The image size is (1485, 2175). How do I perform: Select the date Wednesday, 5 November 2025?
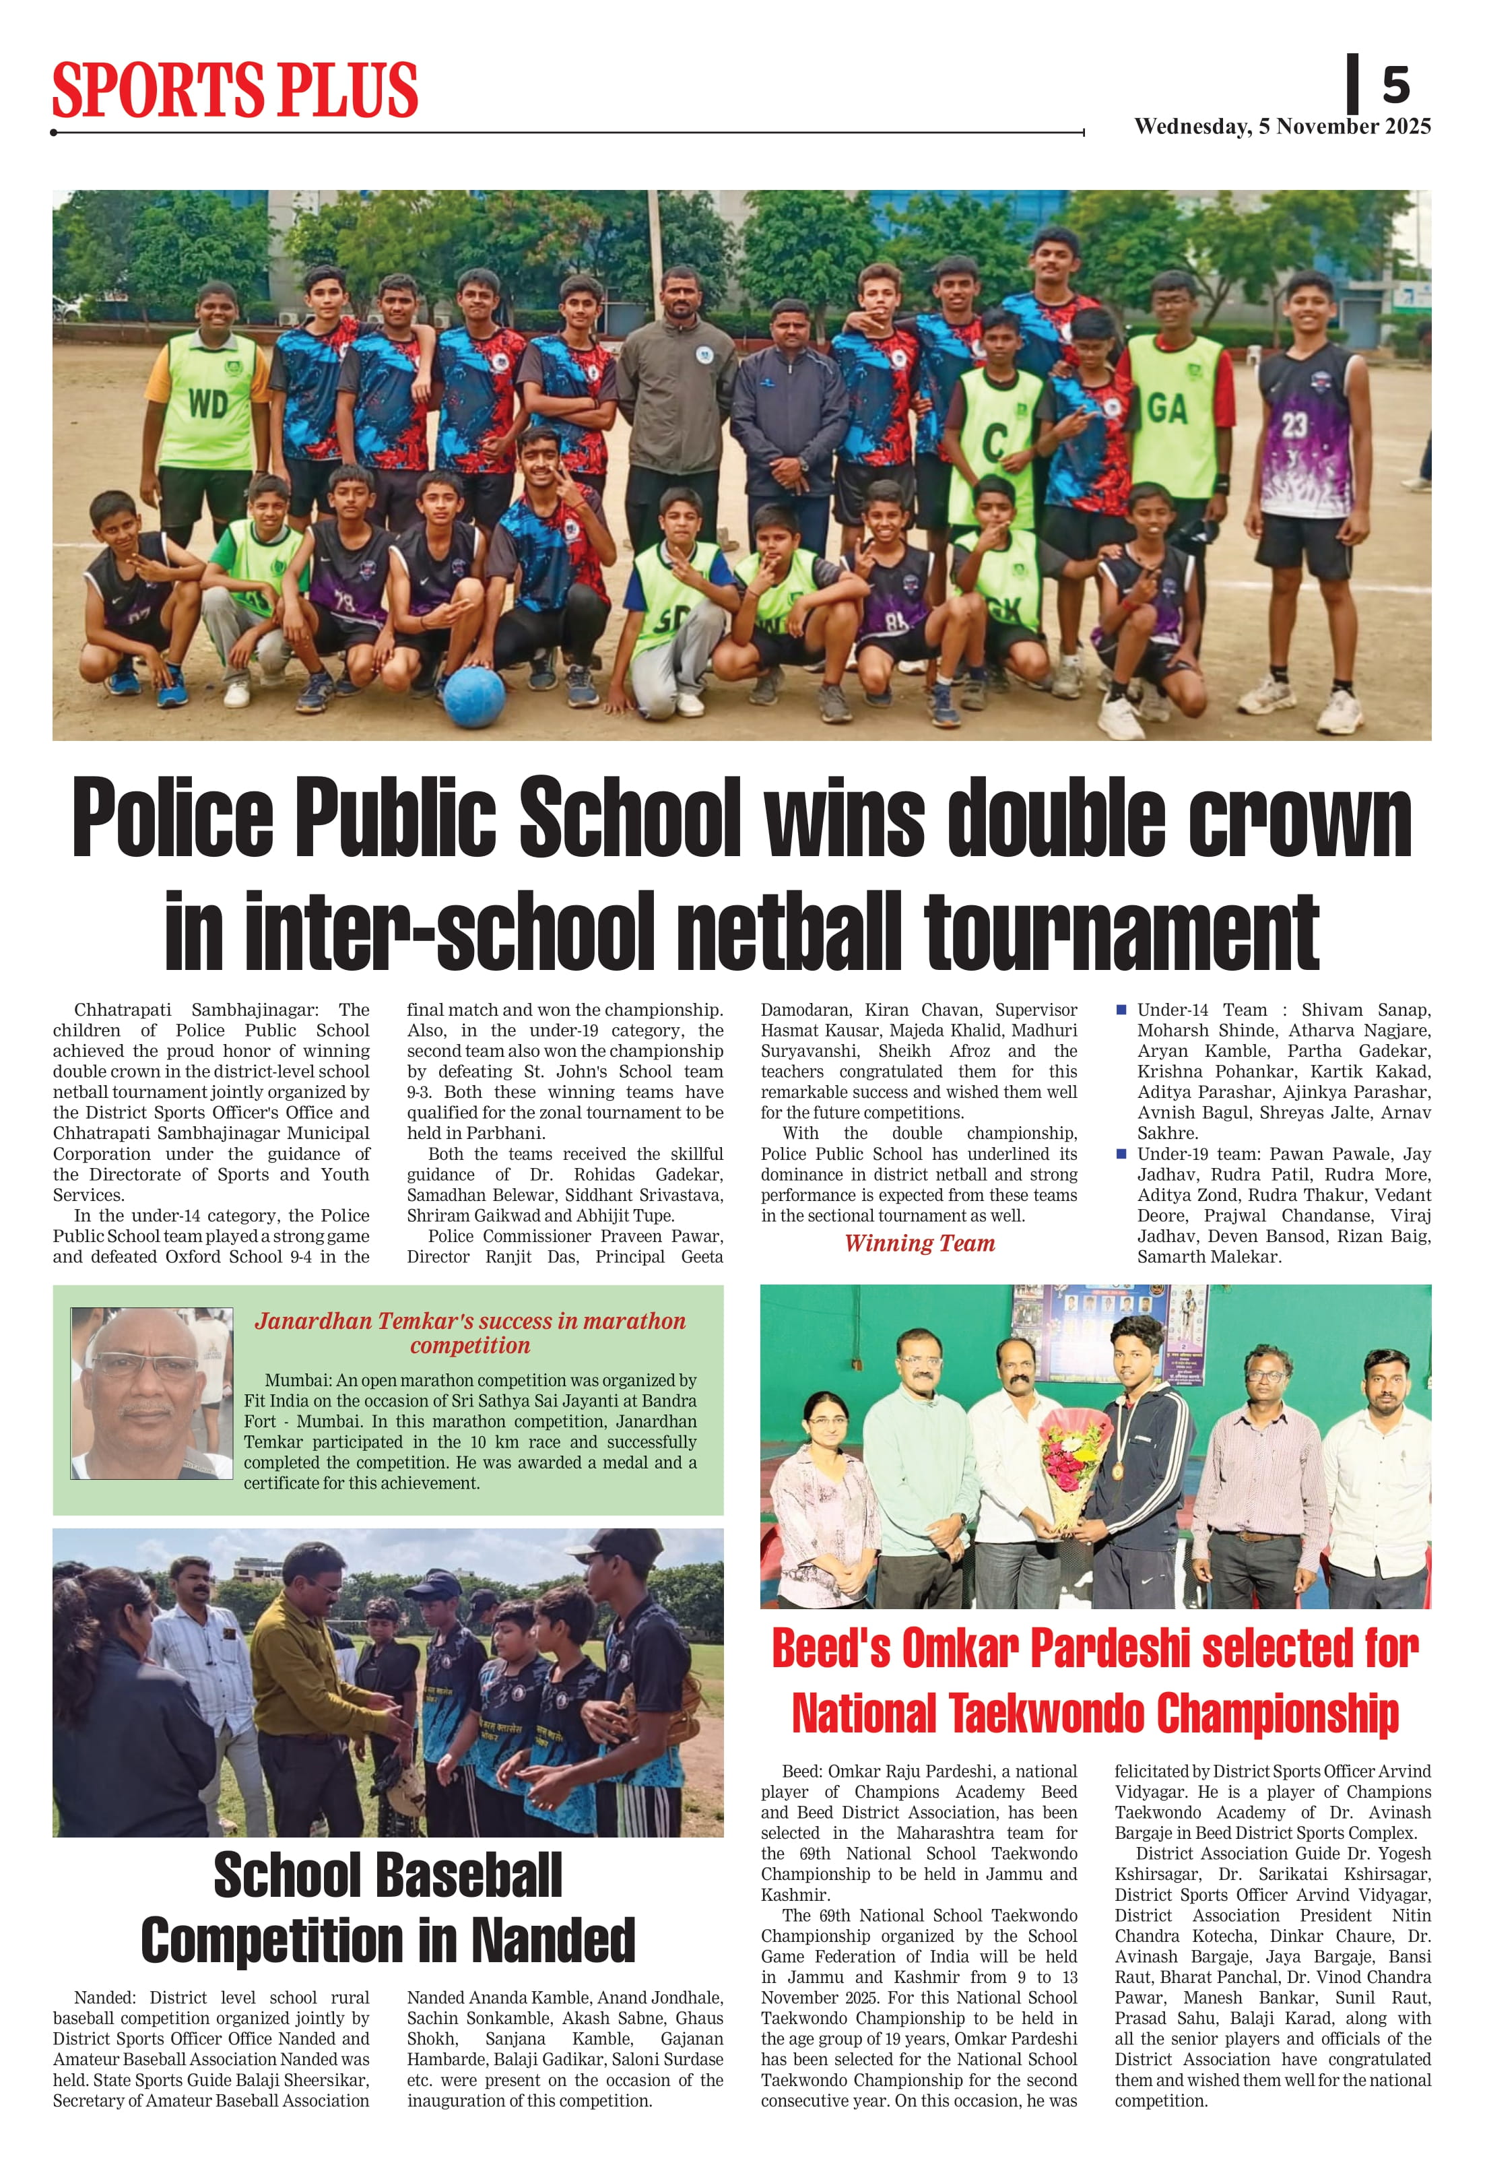tap(1282, 127)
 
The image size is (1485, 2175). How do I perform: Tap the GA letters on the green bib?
tap(1167, 409)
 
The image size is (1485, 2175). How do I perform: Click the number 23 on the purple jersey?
tap(1294, 426)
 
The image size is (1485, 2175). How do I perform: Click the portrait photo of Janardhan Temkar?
tap(152, 1392)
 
